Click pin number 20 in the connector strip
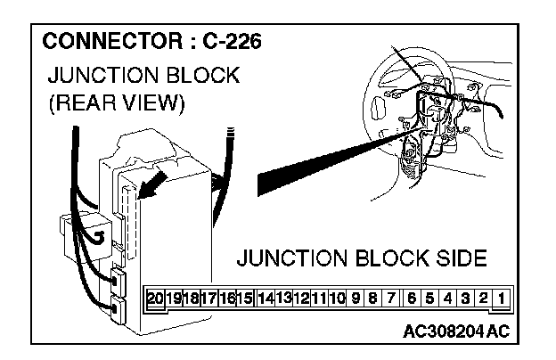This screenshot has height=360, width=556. pos(156,299)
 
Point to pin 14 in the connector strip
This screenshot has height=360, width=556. pos(266,299)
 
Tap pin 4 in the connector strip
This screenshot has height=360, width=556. pos(448,299)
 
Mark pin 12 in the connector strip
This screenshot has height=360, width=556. pos(301,299)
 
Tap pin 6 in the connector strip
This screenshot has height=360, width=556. pos(413,299)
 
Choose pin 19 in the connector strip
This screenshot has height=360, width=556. pos(174,299)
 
